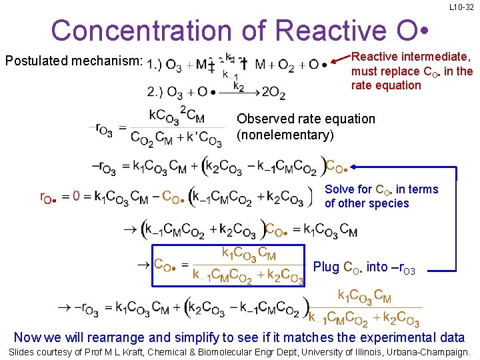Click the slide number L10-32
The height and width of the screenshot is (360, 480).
coord(461,7)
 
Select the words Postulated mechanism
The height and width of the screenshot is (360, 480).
coord(74,61)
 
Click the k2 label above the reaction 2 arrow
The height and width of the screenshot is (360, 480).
coord(238,86)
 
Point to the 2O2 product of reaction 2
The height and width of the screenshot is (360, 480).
coord(273,93)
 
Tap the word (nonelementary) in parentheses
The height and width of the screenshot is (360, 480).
coord(285,135)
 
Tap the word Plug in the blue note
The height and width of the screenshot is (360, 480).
coord(326,267)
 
